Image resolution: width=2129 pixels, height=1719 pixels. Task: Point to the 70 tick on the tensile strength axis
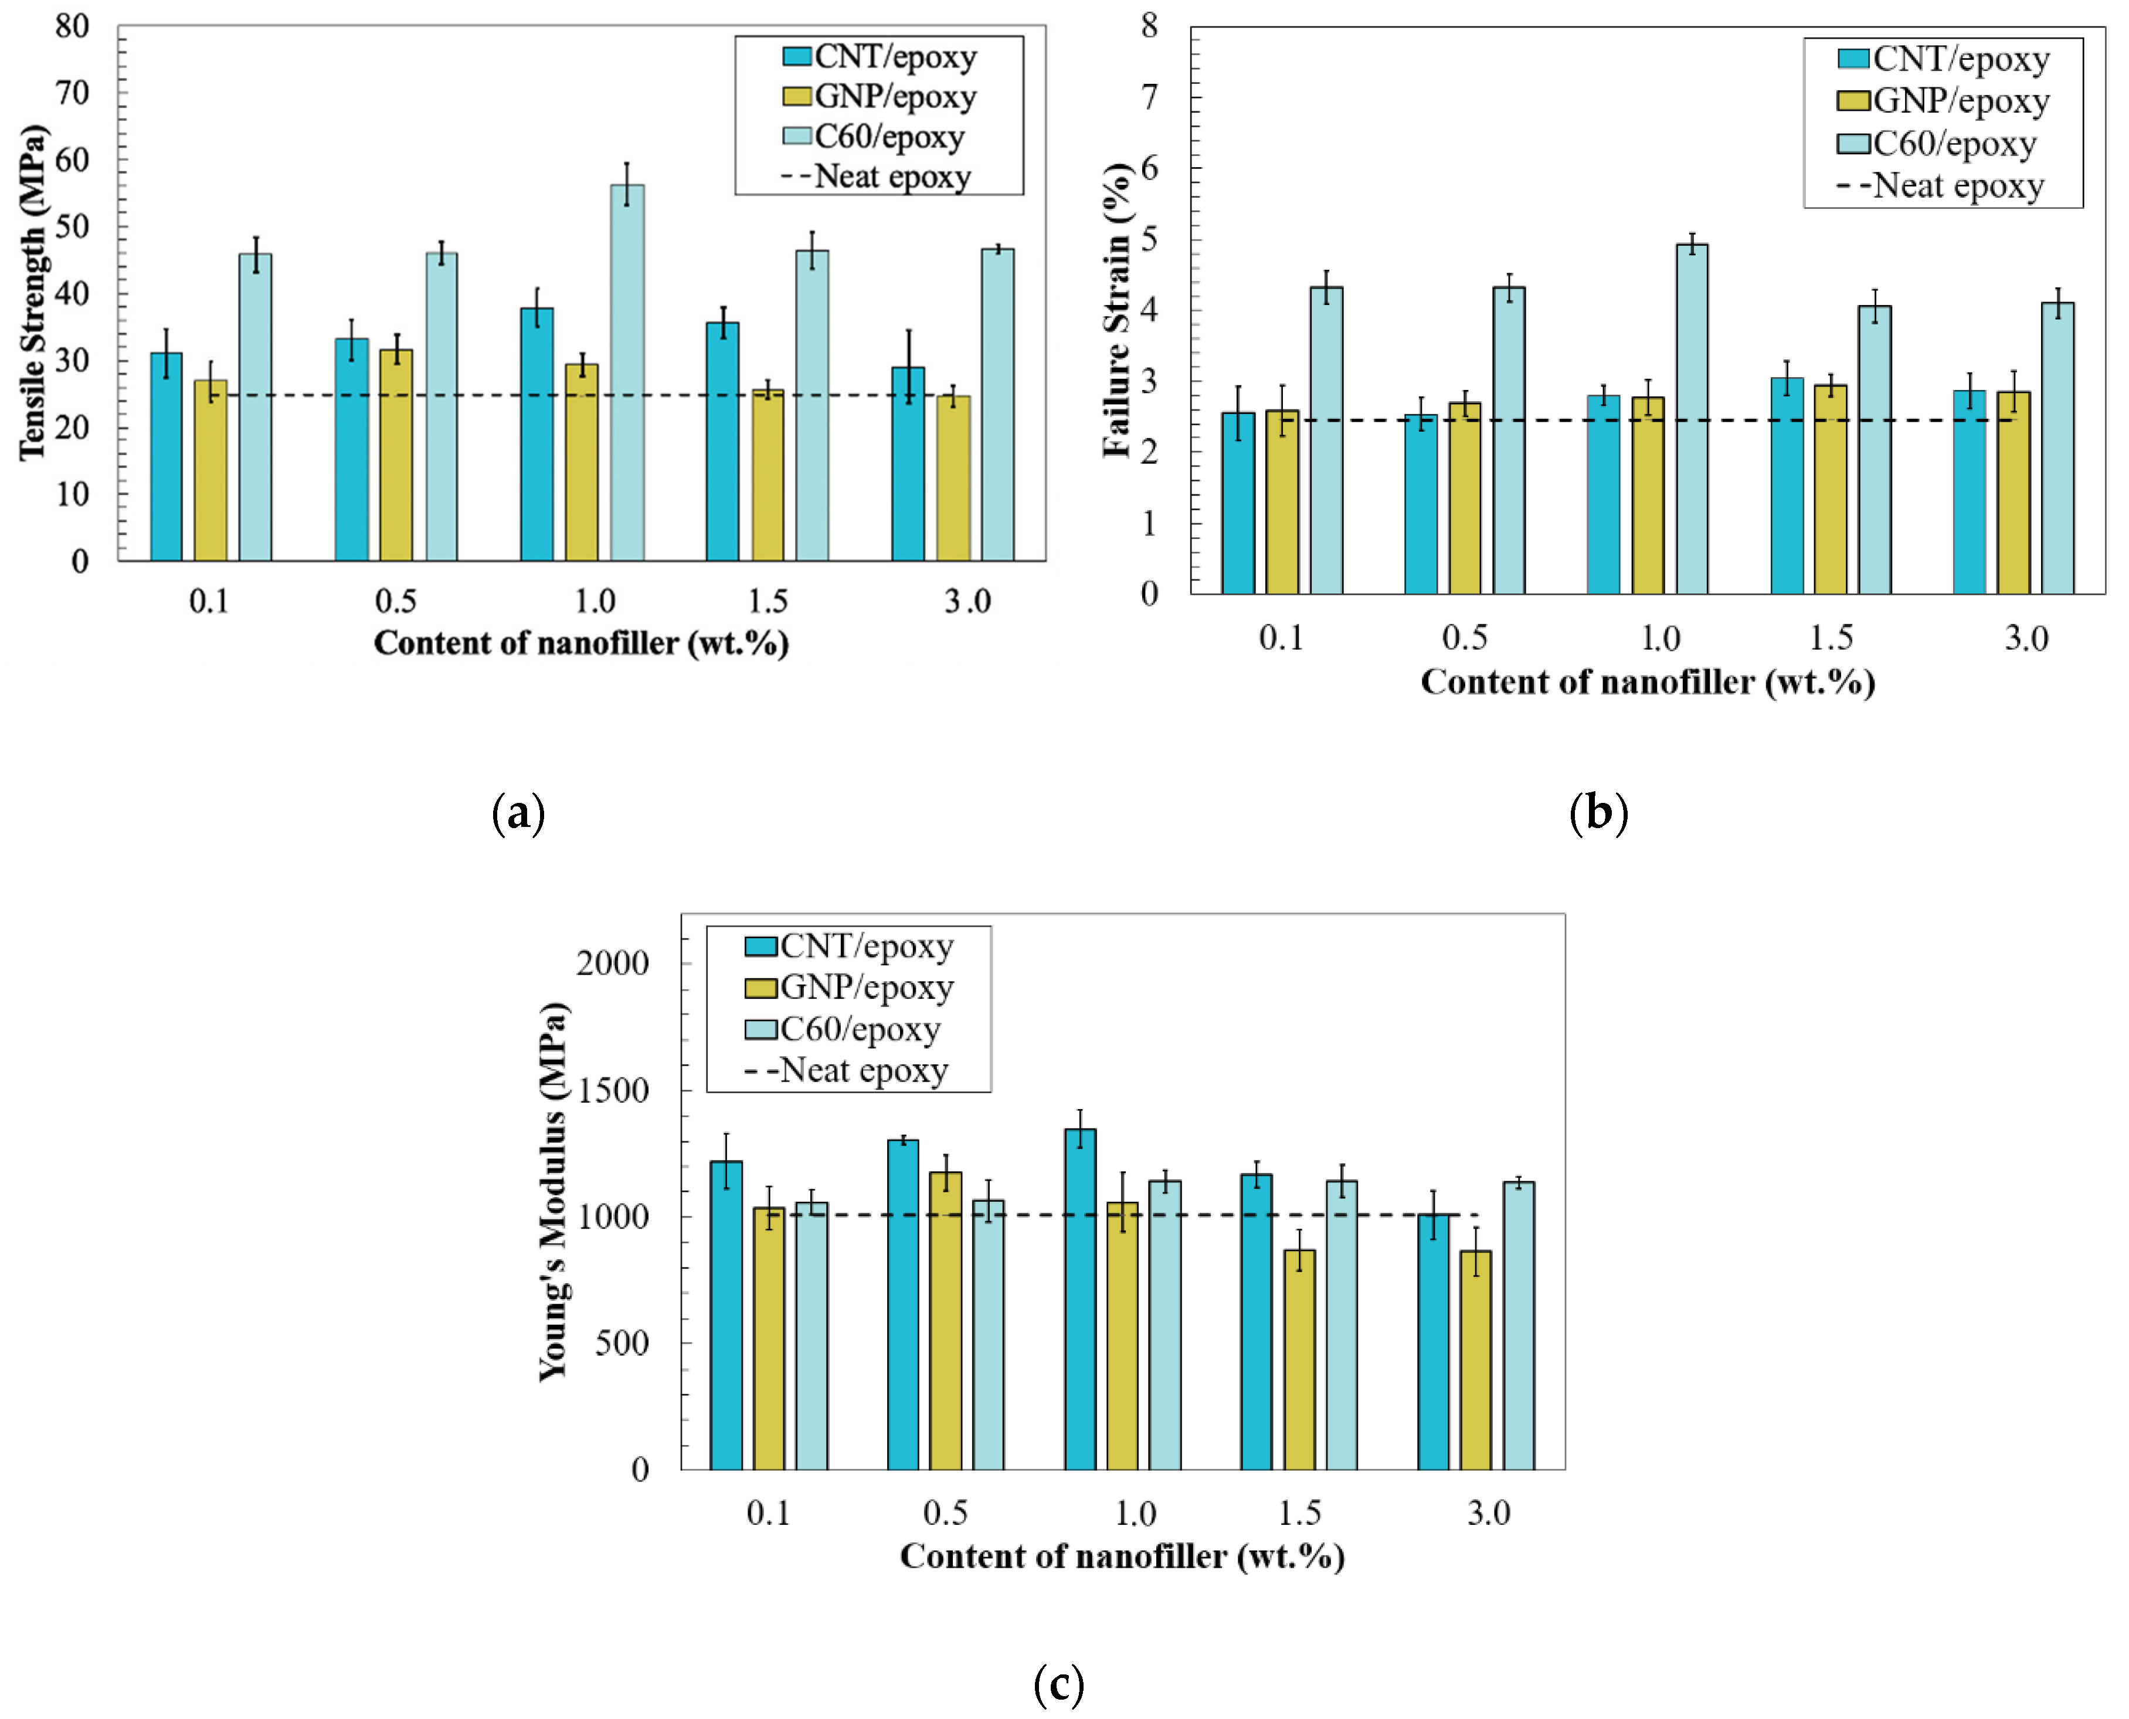pos(72,94)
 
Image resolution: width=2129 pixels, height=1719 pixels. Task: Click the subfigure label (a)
pos(518,813)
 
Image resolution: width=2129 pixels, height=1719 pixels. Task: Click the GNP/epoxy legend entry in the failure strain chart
pos(1941,101)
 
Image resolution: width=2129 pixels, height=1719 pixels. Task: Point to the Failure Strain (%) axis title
pos(1116,309)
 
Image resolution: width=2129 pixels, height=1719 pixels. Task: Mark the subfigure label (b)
pos(1598,813)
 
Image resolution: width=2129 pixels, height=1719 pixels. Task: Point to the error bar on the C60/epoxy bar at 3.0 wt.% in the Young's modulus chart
pos(1518,1181)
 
